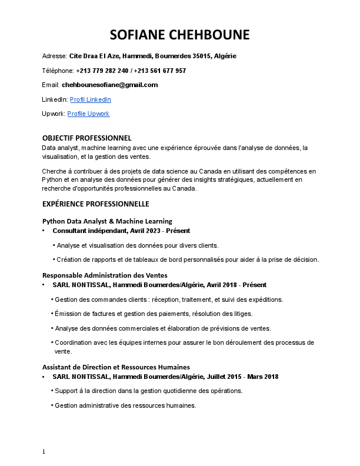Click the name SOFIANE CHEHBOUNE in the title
pos(180,35)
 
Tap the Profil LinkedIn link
pos(90,99)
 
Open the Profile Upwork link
pos(88,114)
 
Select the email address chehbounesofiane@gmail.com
pos(109,85)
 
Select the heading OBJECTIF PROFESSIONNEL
pos(86,138)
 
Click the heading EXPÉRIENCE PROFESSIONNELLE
pos(95,204)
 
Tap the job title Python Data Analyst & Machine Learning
pos(107,221)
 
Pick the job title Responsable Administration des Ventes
pos(105,275)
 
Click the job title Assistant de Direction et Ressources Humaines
pos(116,367)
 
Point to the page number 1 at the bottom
pos(44,452)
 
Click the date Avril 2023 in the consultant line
pos(144,231)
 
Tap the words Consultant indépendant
pos(86,231)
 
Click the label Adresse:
pos(54,56)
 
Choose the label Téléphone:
pos(58,71)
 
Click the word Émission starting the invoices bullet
pos(68,314)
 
